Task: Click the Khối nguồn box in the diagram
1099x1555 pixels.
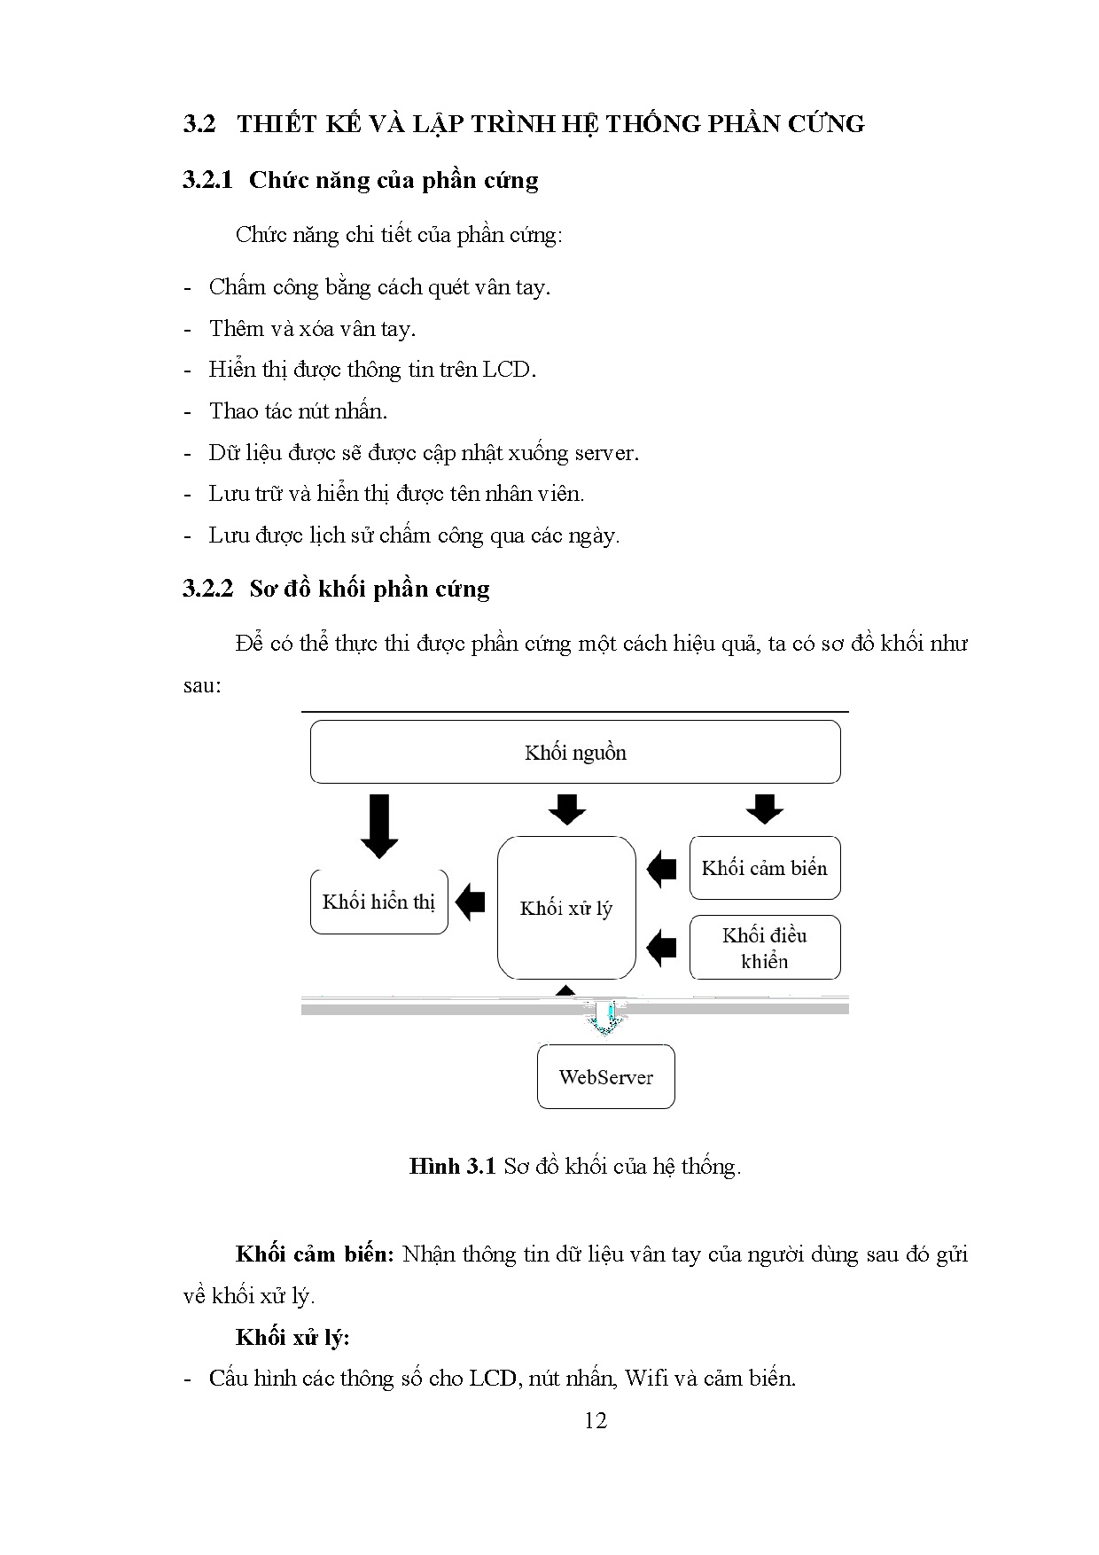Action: pos(575,752)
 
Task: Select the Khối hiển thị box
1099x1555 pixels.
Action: pos(378,902)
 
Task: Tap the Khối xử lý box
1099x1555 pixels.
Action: pos(566,908)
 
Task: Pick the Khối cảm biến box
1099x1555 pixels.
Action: pos(764,868)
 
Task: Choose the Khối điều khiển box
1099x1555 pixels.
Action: pos(764,948)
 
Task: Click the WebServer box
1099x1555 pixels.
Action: pos(605,1076)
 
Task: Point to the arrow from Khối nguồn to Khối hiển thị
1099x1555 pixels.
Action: pos(379,825)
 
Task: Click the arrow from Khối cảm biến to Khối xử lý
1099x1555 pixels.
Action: pos(662,868)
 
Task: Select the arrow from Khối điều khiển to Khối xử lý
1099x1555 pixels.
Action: pos(662,947)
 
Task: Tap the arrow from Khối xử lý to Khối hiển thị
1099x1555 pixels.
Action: pos(470,902)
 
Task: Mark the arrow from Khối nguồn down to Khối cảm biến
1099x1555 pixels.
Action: pos(765,809)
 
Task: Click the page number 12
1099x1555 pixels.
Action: pos(596,1420)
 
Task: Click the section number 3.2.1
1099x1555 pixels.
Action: pos(207,180)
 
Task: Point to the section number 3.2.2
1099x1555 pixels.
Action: pos(207,589)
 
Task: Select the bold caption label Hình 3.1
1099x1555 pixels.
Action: pos(451,1166)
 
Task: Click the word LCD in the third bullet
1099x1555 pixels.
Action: pos(508,369)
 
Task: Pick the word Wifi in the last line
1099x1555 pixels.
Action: pos(646,1378)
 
